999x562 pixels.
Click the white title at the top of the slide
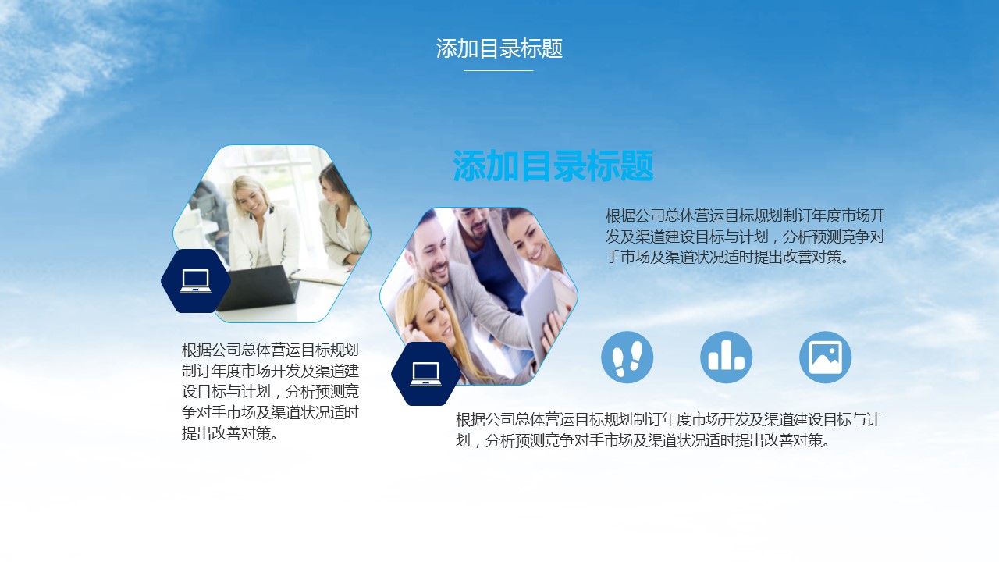coord(499,48)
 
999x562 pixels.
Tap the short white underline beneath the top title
coord(498,70)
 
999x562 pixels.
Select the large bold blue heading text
coord(553,166)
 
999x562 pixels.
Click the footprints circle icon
coord(627,357)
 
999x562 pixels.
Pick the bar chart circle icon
coord(726,357)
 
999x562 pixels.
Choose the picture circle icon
coord(825,357)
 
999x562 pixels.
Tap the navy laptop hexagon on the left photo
coord(196,281)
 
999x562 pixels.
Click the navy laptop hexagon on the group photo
coord(426,374)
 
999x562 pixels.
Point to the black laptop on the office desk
coord(258,288)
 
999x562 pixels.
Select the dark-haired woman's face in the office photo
coord(332,189)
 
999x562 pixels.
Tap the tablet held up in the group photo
coord(540,313)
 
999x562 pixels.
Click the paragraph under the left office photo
coord(270,392)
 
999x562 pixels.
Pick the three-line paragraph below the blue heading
coord(745,237)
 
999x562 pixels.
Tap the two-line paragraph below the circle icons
coord(668,430)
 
